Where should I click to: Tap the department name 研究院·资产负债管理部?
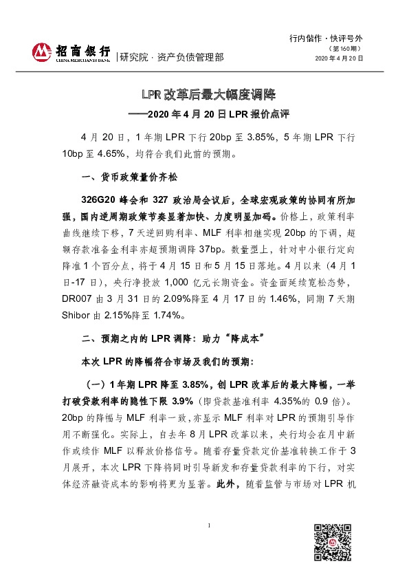[171, 58]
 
